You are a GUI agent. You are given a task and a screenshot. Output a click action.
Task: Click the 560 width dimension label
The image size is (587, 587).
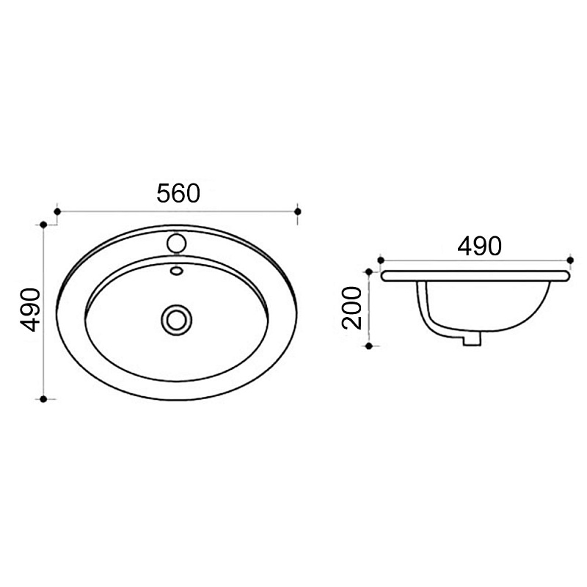(x=178, y=193)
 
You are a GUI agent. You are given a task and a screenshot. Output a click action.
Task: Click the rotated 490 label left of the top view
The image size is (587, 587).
(x=30, y=310)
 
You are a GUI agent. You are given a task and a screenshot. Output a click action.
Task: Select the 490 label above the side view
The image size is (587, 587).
(x=479, y=246)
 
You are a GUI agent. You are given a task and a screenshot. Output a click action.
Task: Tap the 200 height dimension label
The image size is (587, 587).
(x=352, y=307)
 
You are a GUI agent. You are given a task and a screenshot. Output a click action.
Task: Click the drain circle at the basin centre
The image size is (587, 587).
(x=177, y=320)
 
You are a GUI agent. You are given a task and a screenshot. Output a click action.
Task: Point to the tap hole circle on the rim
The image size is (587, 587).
(x=177, y=243)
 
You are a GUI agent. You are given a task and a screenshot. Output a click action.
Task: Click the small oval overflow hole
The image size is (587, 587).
(x=176, y=270)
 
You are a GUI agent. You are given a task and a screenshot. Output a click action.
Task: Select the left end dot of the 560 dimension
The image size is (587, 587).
(x=57, y=212)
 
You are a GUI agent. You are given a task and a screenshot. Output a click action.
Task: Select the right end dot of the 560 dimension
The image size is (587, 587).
(x=298, y=212)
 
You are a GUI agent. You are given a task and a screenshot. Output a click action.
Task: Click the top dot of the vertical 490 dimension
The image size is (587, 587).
(x=43, y=225)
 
